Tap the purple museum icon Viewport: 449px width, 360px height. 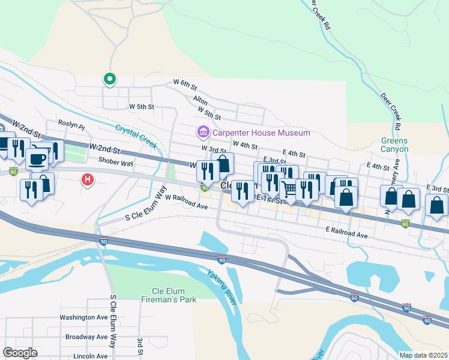203,131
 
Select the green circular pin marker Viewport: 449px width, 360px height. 109,78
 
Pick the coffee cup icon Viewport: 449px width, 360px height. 37,159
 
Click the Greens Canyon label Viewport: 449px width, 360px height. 394,145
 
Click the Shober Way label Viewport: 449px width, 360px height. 116,162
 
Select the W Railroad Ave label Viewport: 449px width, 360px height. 186,202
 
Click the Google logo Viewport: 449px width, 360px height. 20,353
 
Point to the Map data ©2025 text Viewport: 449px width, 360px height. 423,355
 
